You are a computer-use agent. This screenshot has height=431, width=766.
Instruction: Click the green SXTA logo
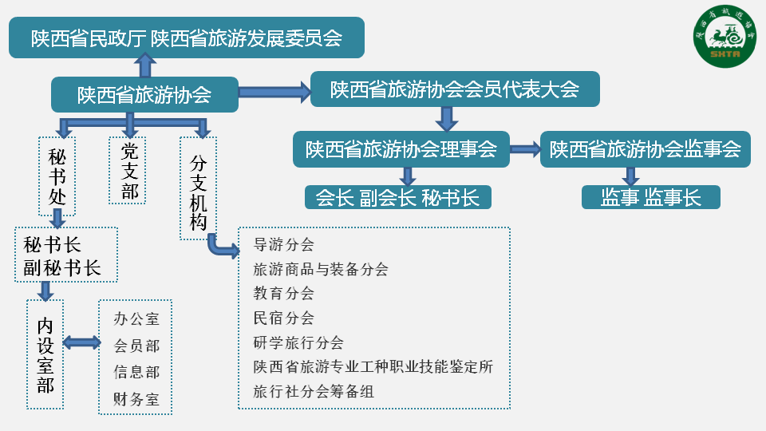(x=725, y=37)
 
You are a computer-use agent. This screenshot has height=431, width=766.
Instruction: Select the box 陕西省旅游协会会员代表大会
(x=455, y=89)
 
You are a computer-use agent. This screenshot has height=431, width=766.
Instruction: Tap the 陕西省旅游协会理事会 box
(x=401, y=149)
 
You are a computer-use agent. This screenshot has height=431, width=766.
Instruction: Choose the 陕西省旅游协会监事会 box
(x=646, y=149)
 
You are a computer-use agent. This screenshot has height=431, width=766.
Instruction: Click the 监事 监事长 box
(x=651, y=197)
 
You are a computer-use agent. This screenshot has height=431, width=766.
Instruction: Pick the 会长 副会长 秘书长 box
(x=397, y=197)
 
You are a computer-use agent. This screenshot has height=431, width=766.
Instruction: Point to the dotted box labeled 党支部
(x=128, y=171)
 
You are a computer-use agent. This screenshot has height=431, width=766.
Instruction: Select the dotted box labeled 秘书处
(x=57, y=176)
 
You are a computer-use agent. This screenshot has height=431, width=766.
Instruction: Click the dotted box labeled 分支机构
(x=199, y=188)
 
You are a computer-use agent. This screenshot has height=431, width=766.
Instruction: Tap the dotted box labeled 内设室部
(x=45, y=354)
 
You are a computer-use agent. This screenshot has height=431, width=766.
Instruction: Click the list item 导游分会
(x=283, y=244)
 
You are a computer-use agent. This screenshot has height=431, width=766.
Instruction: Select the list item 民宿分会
(x=283, y=318)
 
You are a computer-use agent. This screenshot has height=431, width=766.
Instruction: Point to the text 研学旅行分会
(x=298, y=342)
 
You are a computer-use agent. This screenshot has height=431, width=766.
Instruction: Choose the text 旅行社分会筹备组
(x=314, y=391)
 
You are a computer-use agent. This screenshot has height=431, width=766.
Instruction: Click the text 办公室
(x=136, y=318)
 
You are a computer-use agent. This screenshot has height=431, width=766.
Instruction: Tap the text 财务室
(x=136, y=399)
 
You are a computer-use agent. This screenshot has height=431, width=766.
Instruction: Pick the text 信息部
(x=136, y=372)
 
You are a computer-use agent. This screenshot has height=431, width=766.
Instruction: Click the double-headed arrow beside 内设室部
(x=81, y=342)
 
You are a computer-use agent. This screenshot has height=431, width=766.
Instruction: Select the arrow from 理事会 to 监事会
(x=525, y=148)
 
